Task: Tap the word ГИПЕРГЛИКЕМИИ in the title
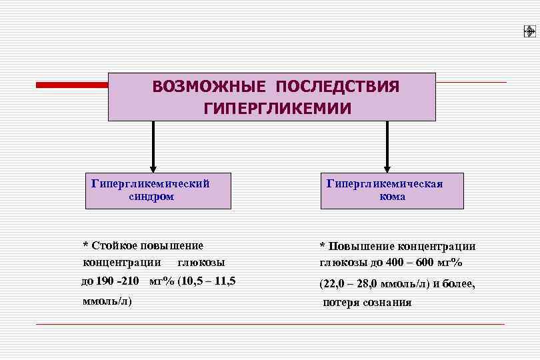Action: [x=277, y=107]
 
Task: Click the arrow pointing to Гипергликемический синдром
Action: [x=153, y=147]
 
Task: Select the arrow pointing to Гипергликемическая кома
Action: [x=387, y=147]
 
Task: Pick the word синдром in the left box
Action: [x=151, y=197]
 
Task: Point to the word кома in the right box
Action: [x=393, y=197]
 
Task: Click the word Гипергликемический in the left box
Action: [x=150, y=183]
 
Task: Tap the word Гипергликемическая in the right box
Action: [x=385, y=183]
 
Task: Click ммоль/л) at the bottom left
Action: [x=107, y=301]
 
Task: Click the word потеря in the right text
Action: [x=342, y=302]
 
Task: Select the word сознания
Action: [x=388, y=302]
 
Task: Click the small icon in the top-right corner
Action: [x=529, y=31]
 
